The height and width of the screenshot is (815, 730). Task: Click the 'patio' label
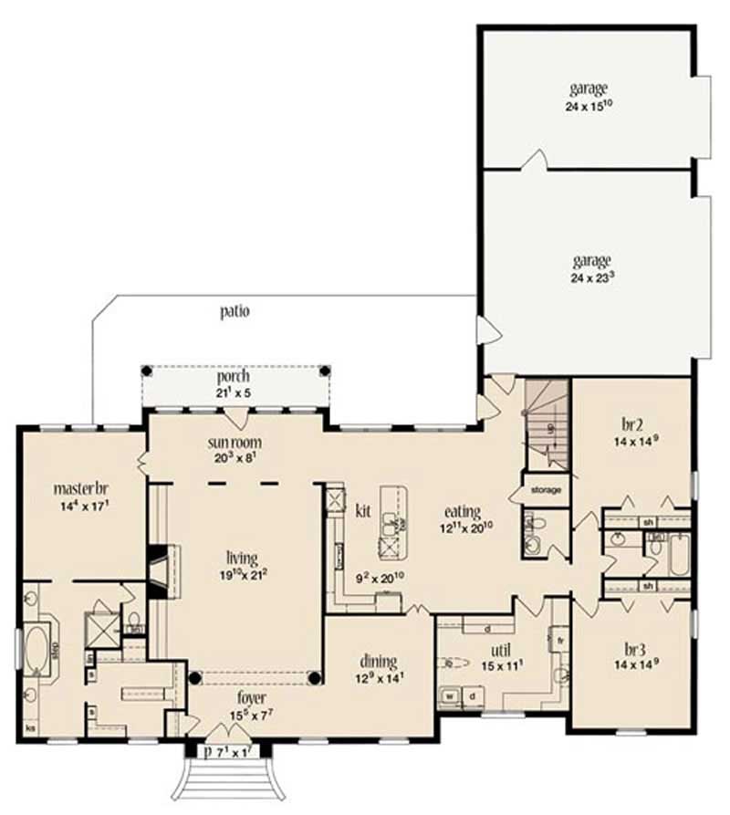[x=235, y=310]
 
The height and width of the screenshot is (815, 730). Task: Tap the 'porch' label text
[x=234, y=376]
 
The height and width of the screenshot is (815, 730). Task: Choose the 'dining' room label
[x=376, y=662]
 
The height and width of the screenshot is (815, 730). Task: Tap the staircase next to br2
[x=547, y=424]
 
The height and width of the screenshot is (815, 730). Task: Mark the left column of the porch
[x=145, y=371]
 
